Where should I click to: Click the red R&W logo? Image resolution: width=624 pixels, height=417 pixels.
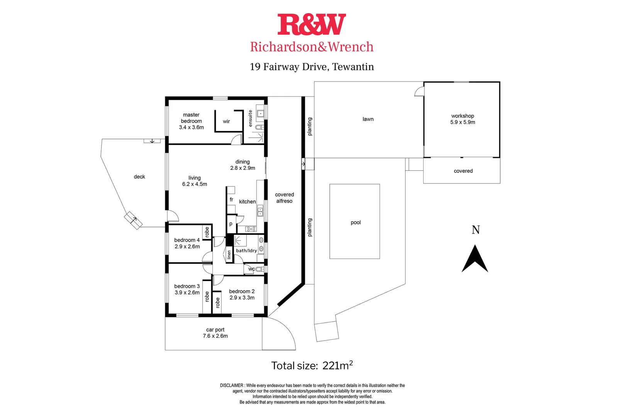(x=312, y=24)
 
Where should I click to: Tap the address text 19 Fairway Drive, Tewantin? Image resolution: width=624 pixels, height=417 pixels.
(x=312, y=67)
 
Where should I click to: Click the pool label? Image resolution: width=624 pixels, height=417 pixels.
(x=356, y=222)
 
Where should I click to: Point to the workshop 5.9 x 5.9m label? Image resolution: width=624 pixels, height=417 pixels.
(x=463, y=119)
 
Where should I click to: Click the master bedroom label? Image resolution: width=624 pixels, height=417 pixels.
(x=191, y=121)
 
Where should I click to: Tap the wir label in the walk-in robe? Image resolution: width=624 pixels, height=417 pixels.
(x=226, y=121)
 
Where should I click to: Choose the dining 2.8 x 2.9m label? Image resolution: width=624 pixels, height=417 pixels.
(x=242, y=165)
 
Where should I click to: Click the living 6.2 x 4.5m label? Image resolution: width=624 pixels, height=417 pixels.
(x=195, y=181)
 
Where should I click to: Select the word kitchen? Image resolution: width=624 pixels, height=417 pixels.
(x=247, y=202)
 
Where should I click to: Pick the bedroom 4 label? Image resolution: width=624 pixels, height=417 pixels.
(x=187, y=243)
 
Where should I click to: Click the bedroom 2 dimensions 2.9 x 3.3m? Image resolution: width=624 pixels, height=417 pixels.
(x=242, y=298)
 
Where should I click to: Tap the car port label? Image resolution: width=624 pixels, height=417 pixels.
(x=215, y=333)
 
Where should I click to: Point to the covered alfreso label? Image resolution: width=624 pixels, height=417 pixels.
(x=284, y=198)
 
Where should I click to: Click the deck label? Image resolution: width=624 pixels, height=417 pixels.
(x=139, y=177)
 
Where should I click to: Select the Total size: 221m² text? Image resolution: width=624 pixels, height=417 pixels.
(x=312, y=365)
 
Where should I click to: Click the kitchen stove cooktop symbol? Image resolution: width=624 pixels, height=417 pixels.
(x=251, y=229)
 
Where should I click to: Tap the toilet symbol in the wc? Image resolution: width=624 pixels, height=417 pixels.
(x=259, y=269)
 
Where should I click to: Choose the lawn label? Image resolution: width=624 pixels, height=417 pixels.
(x=368, y=119)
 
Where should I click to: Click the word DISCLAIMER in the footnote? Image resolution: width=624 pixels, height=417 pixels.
(x=232, y=385)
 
